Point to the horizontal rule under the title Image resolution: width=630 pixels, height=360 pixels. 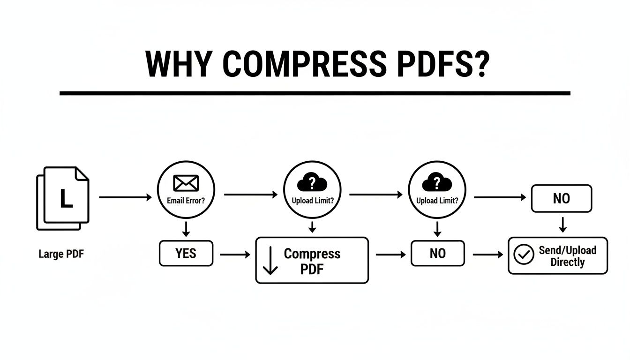pyautogui.click(x=315, y=93)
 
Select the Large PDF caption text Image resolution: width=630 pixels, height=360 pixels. pyautogui.click(x=61, y=255)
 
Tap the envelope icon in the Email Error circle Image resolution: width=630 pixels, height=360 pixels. pyautogui.click(x=186, y=183)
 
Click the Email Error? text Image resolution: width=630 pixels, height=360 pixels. pyautogui.click(x=186, y=200)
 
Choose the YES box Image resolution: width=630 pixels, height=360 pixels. pyautogui.click(x=186, y=254)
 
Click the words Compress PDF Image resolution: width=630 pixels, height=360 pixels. pyautogui.click(x=312, y=261)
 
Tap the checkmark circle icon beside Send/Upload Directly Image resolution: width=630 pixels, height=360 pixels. pyautogui.click(x=524, y=255)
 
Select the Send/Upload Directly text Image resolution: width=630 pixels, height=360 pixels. pyautogui.click(x=567, y=256)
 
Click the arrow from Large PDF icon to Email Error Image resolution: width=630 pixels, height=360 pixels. pyautogui.click(x=126, y=198)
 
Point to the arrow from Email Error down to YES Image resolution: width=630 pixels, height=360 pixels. pyautogui.click(x=186, y=229)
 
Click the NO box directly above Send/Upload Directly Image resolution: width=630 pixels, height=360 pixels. pyautogui.click(x=561, y=198)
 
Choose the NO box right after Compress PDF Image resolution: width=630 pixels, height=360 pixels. pyautogui.click(x=437, y=254)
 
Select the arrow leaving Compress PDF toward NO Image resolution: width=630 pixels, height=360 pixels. pyautogui.click(x=390, y=255)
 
